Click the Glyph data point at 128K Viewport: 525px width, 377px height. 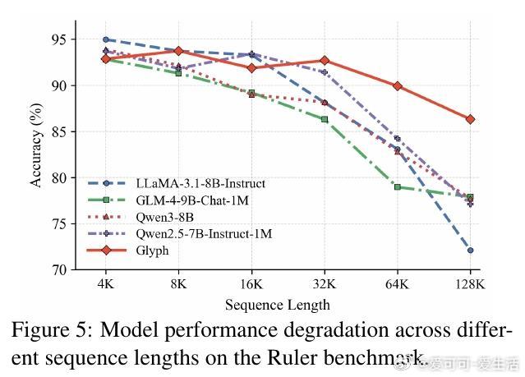coord(470,119)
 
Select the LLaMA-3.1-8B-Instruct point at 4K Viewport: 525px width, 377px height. coord(106,39)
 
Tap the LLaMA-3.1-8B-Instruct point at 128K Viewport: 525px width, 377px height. coord(470,250)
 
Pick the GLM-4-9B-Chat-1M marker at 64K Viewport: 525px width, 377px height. coord(397,187)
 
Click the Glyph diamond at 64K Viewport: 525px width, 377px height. coord(397,85)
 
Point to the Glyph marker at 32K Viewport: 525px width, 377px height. coord(325,60)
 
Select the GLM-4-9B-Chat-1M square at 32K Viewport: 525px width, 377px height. coord(325,119)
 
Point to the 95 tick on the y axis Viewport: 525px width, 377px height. coord(59,39)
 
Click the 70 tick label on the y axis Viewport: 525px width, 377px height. coord(59,269)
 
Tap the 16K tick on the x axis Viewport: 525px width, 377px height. coord(251,284)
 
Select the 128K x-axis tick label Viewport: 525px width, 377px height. coord(470,284)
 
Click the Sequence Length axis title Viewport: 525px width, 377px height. coord(278,305)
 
